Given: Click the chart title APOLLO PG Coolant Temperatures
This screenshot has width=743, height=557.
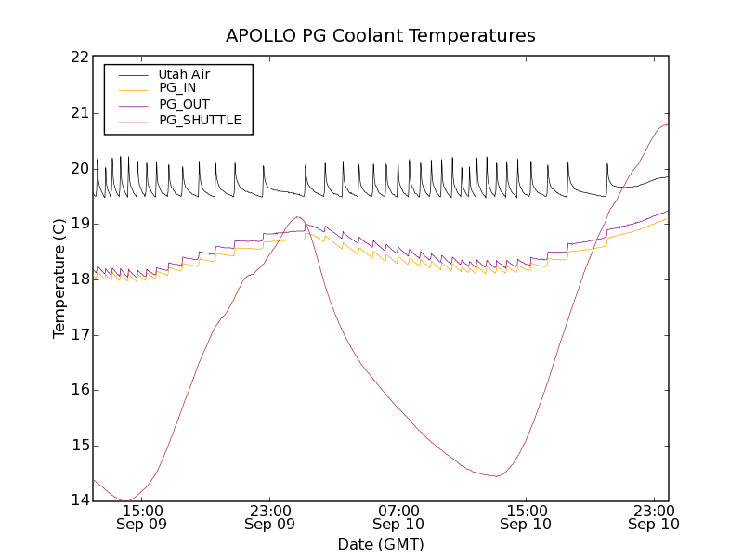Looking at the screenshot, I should (381, 36).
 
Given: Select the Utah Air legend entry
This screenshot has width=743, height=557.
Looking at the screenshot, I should (184, 74).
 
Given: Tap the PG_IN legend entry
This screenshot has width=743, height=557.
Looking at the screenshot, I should (177, 88).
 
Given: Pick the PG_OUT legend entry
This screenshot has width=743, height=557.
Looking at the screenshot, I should (184, 104).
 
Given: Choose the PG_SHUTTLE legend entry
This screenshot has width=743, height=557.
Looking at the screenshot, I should (200, 120).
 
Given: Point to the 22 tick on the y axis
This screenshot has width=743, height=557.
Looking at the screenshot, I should (78, 58).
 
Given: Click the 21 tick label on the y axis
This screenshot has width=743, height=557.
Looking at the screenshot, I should (78, 113).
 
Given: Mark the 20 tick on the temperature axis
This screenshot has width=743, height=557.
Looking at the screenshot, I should (78, 169).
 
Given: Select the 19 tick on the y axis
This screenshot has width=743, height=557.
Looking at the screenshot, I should (78, 224).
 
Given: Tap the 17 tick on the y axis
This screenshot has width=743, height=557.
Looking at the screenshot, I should (78, 335).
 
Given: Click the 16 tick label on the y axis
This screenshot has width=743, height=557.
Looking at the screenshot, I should (78, 390).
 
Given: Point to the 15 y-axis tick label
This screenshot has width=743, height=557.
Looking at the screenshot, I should (78, 446).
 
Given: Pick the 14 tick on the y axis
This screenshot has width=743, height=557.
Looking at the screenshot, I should (78, 501).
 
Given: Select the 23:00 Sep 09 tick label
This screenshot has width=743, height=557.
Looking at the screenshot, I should (270, 517).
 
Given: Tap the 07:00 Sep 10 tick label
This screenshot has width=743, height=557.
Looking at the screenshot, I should (398, 517).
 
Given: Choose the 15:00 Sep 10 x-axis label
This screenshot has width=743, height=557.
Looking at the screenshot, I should (526, 517).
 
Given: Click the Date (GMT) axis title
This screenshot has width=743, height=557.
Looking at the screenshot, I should (381, 544).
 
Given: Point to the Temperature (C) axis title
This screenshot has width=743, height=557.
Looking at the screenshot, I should (59, 278).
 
